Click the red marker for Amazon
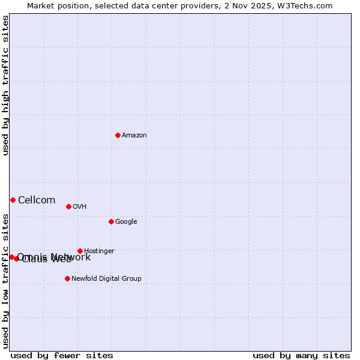point(118,135)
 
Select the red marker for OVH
point(68,206)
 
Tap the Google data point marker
point(111,221)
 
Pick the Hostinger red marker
point(80,251)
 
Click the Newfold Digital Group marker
point(67,278)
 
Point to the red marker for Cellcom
point(13,200)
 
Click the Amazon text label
point(134,136)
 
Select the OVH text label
point(80,207)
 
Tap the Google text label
point(126,222)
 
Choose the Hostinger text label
point(99,251)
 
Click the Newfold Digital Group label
point(106,279)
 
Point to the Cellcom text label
point(37,200)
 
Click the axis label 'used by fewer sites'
point(62,356)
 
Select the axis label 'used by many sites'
point(301,356)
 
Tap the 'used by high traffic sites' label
point(5,85)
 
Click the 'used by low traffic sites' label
point(5,280)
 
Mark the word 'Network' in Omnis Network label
point(72,257)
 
